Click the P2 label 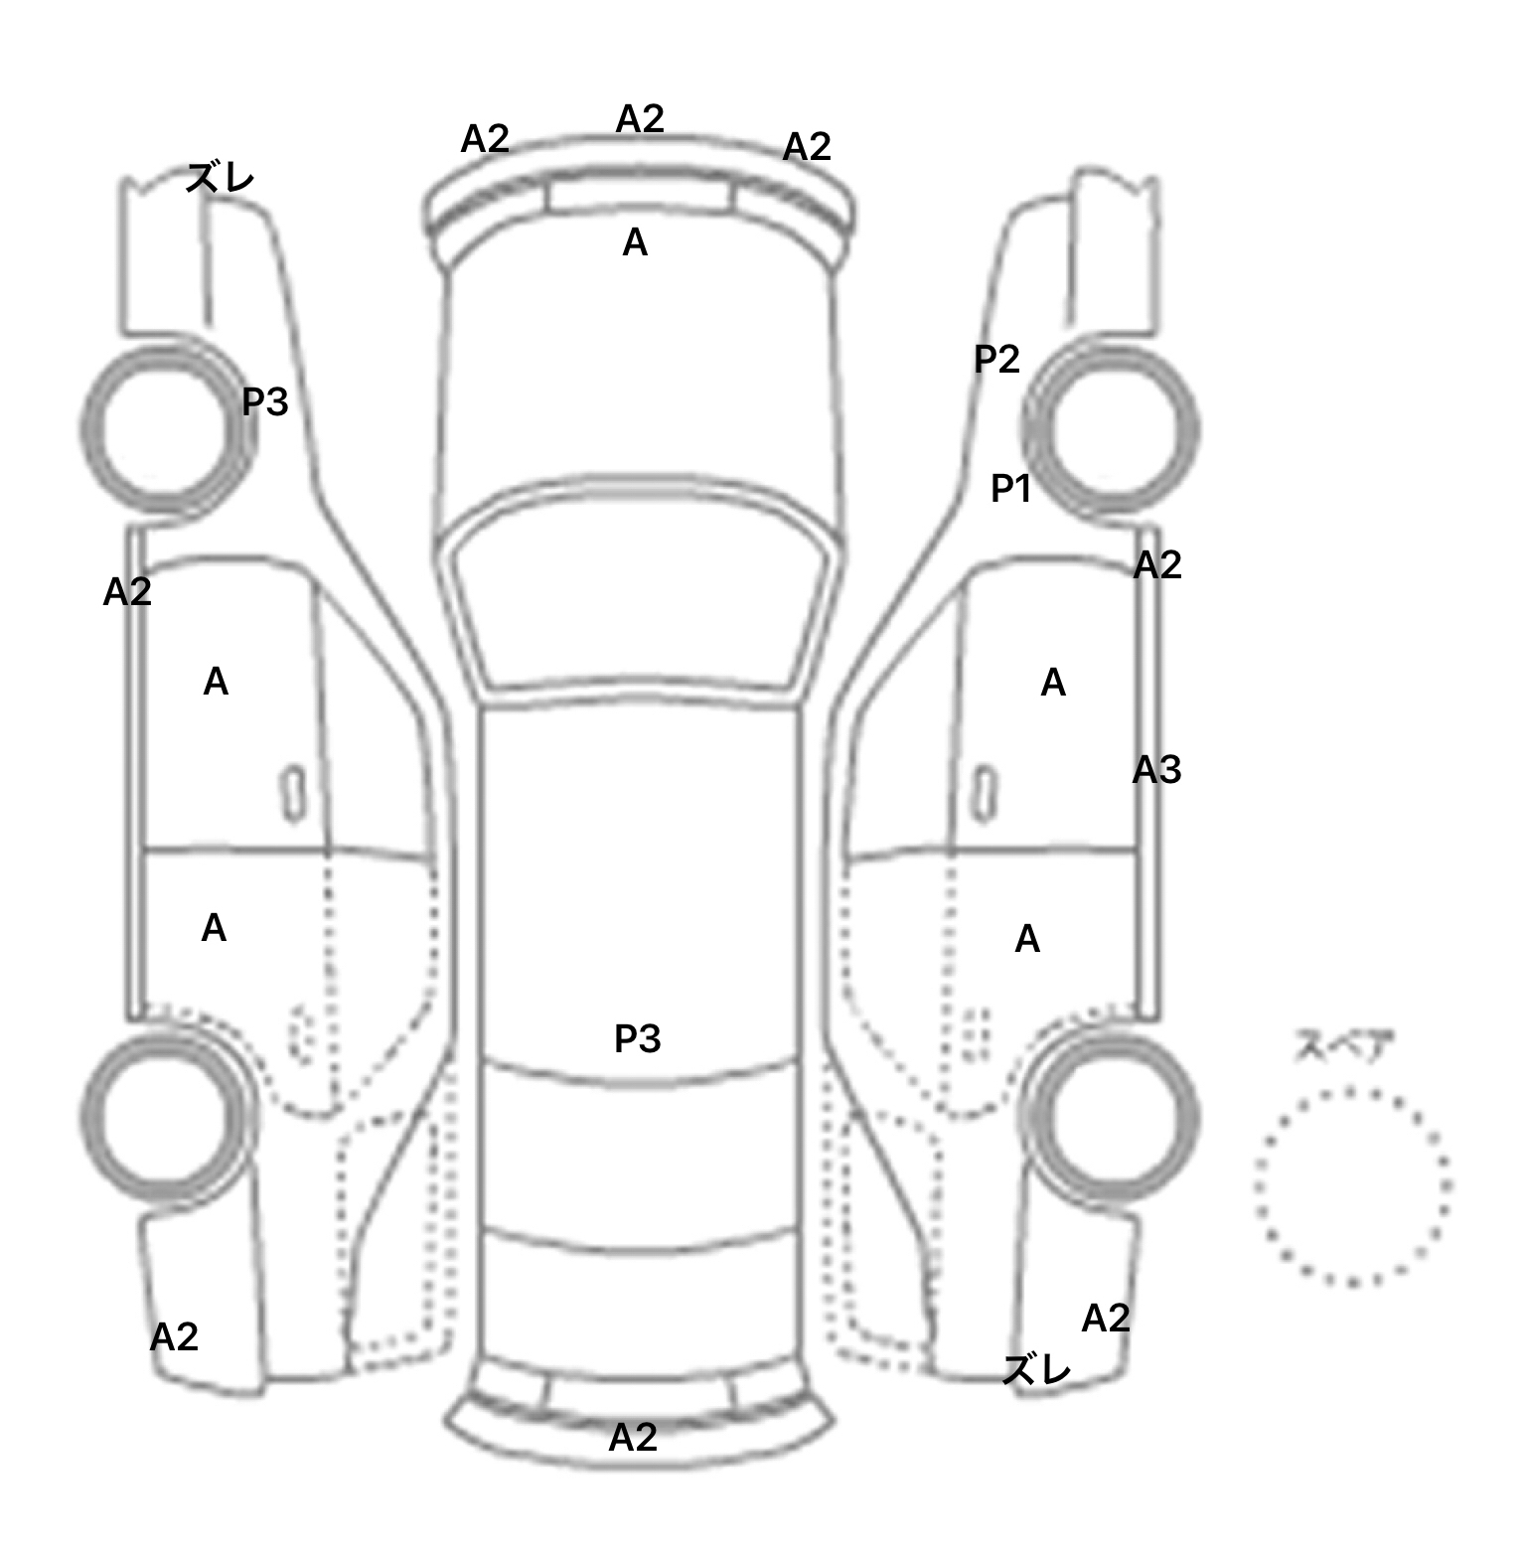point(996,359)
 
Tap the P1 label point(1010,488)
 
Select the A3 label point(1156,769)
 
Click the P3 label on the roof point(637,1038)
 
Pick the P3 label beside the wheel point(265,401)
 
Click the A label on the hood point(635,242)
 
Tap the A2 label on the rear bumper point(633,1437)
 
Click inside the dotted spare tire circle point(1352,1186)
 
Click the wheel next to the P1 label point(1111,429)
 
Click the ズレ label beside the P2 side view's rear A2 point(1037,1370)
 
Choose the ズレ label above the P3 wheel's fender point(221,179)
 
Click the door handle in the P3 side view point(293,794)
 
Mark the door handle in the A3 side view point(984,794)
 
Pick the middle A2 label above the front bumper point(640,119)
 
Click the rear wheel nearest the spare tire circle point(1111,1115)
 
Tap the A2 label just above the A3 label point(1157,565)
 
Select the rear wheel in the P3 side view point(166,1115)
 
